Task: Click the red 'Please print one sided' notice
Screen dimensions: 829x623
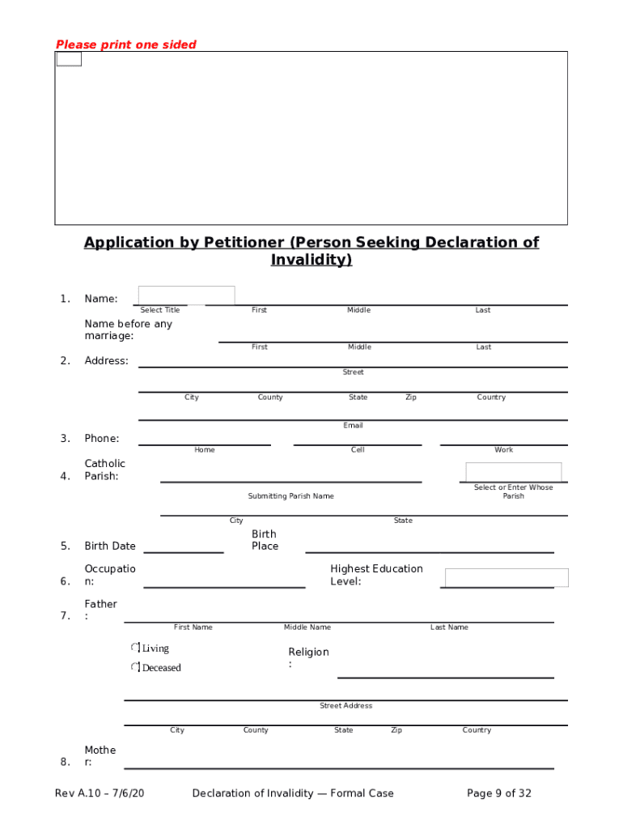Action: tap(125, 45)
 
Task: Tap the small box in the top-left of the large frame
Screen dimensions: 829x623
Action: tap(69, 59)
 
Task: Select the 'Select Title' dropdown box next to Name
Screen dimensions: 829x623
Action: tap(186, 295)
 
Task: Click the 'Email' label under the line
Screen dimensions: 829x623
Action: tap(353, 425)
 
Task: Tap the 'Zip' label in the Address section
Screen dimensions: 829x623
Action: tap(411, 397)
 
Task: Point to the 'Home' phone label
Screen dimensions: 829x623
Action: tap(205, 450)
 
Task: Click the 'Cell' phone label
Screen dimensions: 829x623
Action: tap(358, 450)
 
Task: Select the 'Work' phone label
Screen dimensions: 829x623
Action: tap(504, 450)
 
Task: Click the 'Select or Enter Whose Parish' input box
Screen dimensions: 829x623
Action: tap(513, 472)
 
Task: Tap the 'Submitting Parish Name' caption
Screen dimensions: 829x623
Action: tap(290, 496)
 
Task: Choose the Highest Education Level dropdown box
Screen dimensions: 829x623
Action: tap(506, 577)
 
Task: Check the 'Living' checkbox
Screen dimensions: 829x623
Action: tap(135, 648)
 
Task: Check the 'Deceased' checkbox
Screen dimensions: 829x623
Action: tap(135, 667)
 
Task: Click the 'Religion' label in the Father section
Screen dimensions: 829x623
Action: tap(308, 653)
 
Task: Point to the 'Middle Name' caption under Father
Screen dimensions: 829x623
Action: tap(307, 627)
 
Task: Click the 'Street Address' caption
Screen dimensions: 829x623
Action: tap(345, 706)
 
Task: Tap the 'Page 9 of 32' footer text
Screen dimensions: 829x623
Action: tap(499, 793)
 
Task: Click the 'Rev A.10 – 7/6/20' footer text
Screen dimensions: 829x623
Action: tap(100, 793)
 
